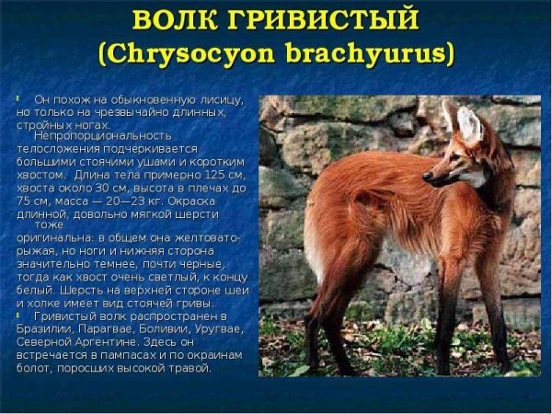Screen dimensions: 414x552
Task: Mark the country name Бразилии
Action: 43,328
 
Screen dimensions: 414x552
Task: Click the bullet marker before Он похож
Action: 18,98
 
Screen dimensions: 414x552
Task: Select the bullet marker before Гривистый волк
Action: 18,315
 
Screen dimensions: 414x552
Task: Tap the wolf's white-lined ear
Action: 469,126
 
